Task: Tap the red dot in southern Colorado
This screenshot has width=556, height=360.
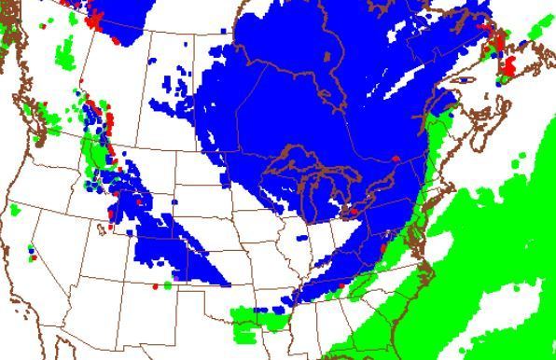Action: click(x=155, y=287)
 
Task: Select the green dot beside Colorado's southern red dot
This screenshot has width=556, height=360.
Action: click(x=167, y=284)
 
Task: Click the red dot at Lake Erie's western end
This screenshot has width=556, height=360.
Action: click(x=353, y=213)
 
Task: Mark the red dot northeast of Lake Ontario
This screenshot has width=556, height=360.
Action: click(x=396, y=159)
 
